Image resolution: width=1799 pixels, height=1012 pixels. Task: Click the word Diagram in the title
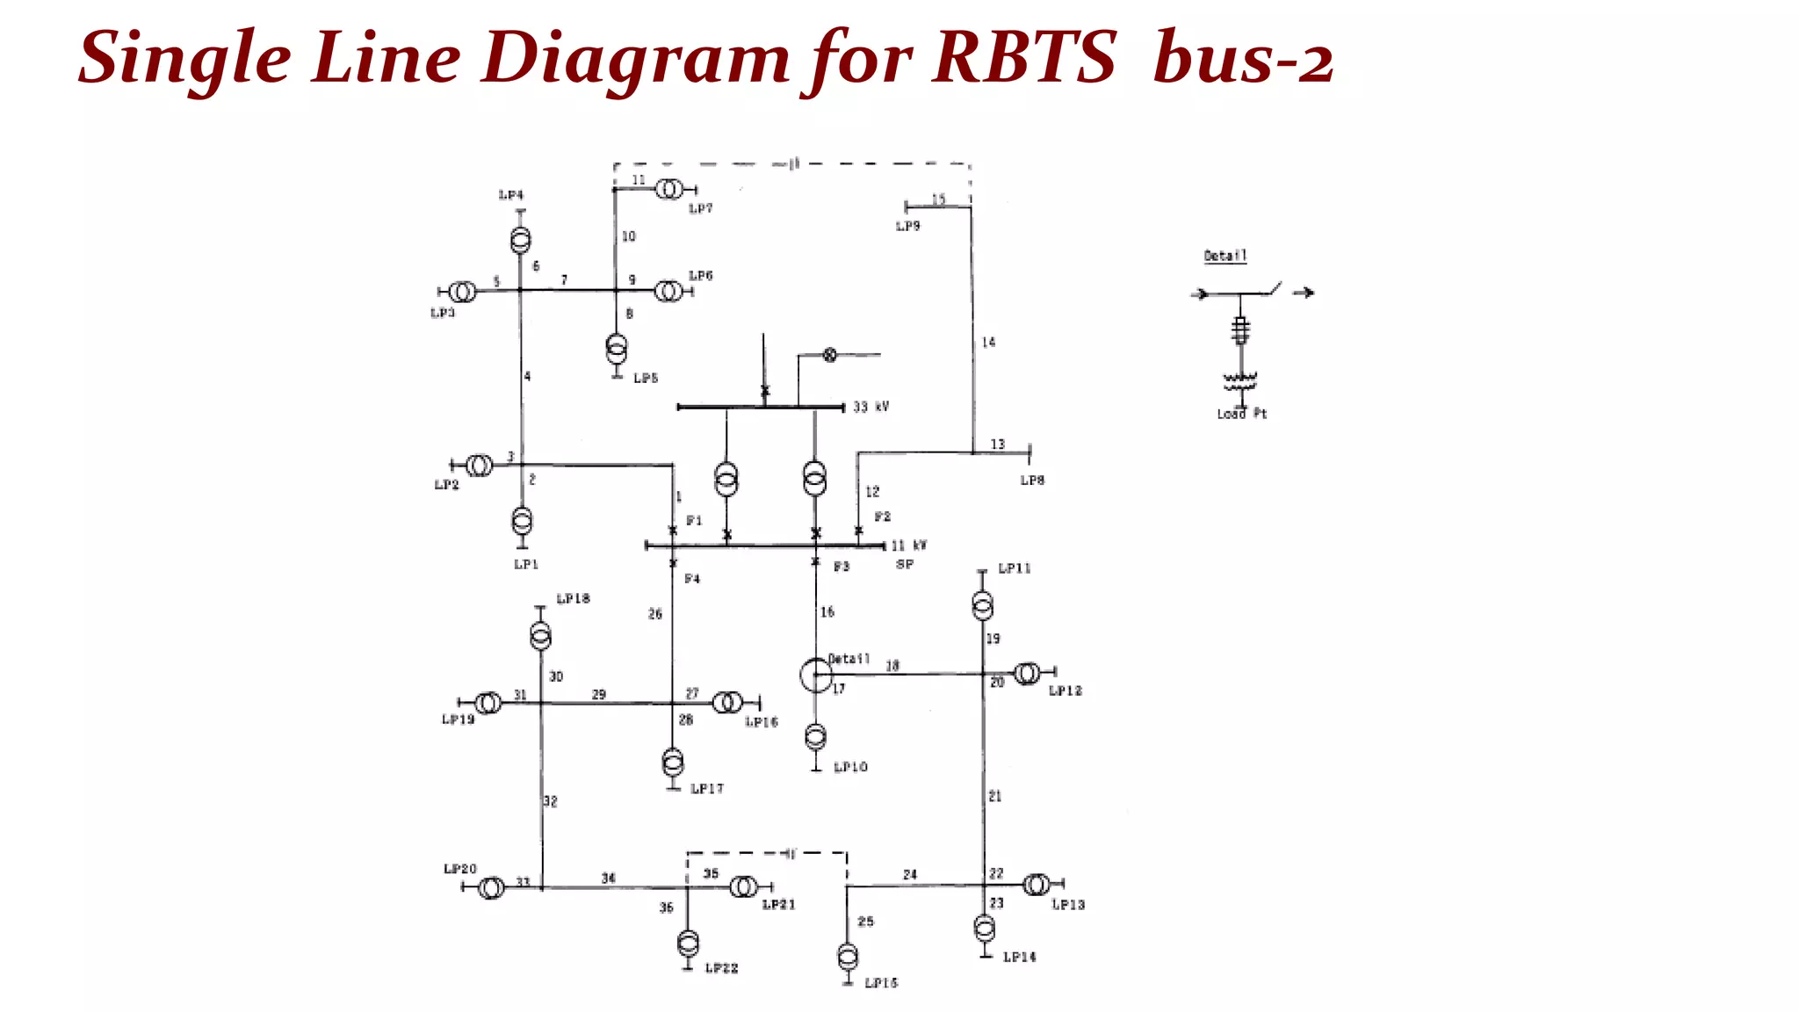(x=634, y=60)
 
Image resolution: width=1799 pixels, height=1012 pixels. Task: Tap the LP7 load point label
(x=701, y=208)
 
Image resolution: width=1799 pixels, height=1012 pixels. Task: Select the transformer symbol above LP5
(x=617, y=349)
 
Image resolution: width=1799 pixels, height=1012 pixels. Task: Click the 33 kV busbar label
(x=871, y=407)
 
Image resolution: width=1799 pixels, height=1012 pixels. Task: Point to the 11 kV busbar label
(x=908, y=546)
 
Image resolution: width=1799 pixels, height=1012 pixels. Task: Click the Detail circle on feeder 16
(x=816, y=675)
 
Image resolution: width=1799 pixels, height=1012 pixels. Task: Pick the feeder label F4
(x=692, y=579)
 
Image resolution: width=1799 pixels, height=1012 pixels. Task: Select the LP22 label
(x=721, y=968)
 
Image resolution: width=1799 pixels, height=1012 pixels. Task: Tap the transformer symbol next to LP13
(x=1037, y=884)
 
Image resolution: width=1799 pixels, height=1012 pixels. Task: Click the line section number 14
(x=988, y=343)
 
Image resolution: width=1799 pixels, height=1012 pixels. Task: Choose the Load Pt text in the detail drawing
(x=1241, y=414)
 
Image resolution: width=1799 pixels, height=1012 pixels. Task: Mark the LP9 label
(x=907, y=227)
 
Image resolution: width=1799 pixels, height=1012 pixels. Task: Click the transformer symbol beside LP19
(x=488, y=703)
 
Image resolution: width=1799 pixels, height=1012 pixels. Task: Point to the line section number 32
(x=550, y=801)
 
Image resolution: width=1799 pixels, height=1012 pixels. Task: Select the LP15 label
(x=881, y=983)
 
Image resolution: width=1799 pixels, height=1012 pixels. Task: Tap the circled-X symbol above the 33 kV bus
(x=829, y=355)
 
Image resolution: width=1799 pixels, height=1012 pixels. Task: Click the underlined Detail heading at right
(x=1225, y=256)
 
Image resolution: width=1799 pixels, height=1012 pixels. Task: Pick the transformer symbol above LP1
(x=522, y=521)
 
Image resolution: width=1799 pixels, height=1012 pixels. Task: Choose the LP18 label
(x=573, y=598)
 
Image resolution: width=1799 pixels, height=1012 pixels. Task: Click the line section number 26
(x=655, y=614)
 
